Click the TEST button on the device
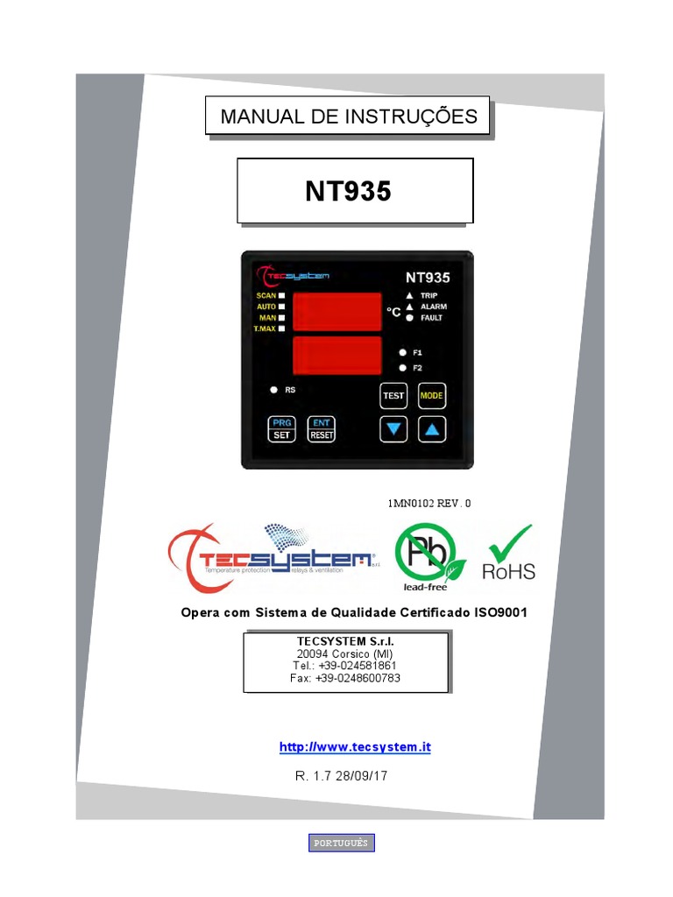[393, 396]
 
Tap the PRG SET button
[282, 428]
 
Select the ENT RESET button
[322, 428]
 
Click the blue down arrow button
[393, 429]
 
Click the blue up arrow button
[432, 429]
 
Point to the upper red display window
[336, 311]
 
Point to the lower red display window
[336, 354]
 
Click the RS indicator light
[273, 389]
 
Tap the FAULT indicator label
[432, 318]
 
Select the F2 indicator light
[401, 367]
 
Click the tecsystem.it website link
[355, 747]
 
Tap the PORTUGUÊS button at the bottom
[342, 843]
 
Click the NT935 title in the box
[348, 191]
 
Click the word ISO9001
[499, 612]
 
